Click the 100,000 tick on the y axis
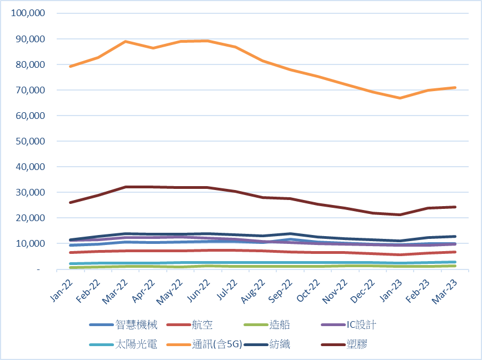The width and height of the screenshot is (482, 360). (x=27, y=13)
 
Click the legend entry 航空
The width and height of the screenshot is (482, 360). (x=202, y=325)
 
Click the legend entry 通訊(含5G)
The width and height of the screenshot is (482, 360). (x=217, y=344)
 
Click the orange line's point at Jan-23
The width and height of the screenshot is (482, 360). (x=400, y=98)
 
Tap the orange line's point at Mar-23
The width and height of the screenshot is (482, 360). (x=455, y=87)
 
